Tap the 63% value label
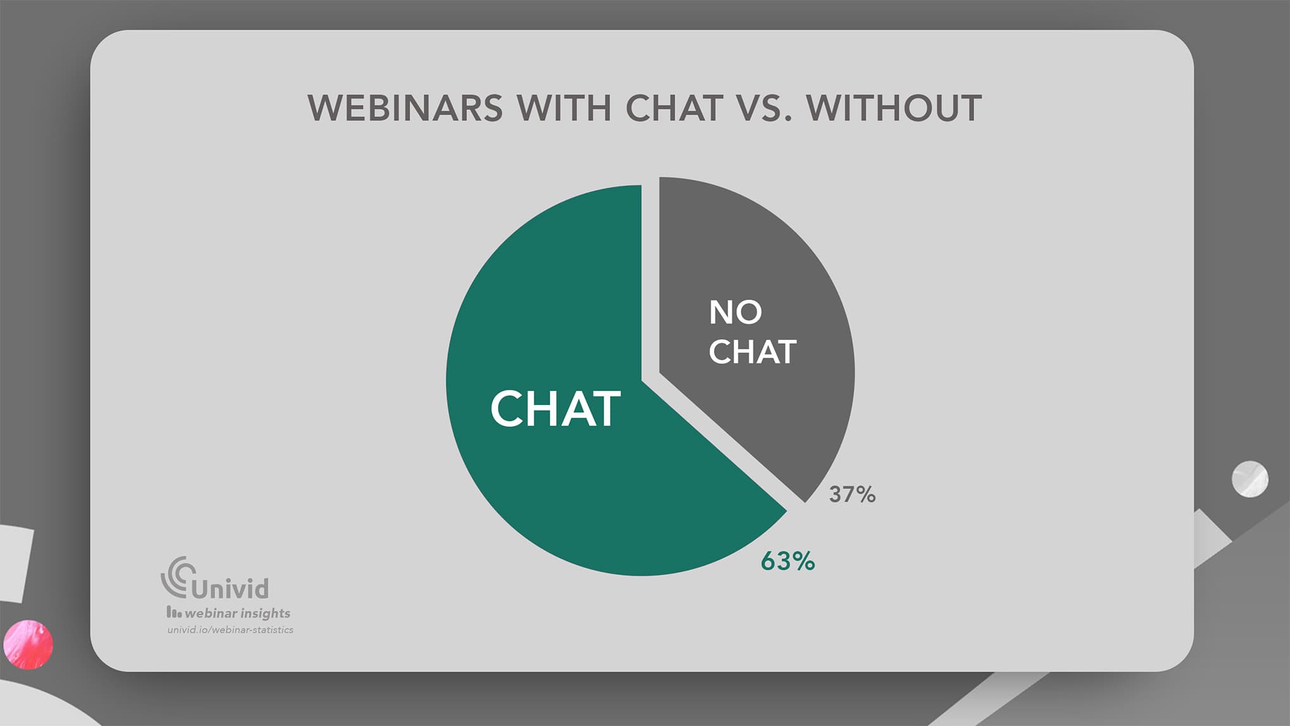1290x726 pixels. tap(787, 561)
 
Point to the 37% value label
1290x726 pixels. tap(852, 494)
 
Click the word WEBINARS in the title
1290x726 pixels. tap(405, 108)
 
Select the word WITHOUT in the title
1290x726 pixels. tap(894, 108)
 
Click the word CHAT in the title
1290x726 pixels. tap(674, 108)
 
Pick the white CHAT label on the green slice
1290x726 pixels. tap(555, 409)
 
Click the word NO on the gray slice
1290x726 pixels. tap(735, 312)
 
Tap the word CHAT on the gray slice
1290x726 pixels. tap(752, 352)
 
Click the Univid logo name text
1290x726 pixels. tap(230, 589)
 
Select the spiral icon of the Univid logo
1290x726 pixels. tap(177, 577)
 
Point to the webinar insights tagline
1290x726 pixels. tap(229, 613)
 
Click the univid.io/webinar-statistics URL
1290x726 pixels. tap(230, 630)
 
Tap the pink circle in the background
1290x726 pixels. tap(28, 644)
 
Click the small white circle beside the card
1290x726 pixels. tap(1249, 479)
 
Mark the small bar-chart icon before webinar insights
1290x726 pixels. tap(173, 612)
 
